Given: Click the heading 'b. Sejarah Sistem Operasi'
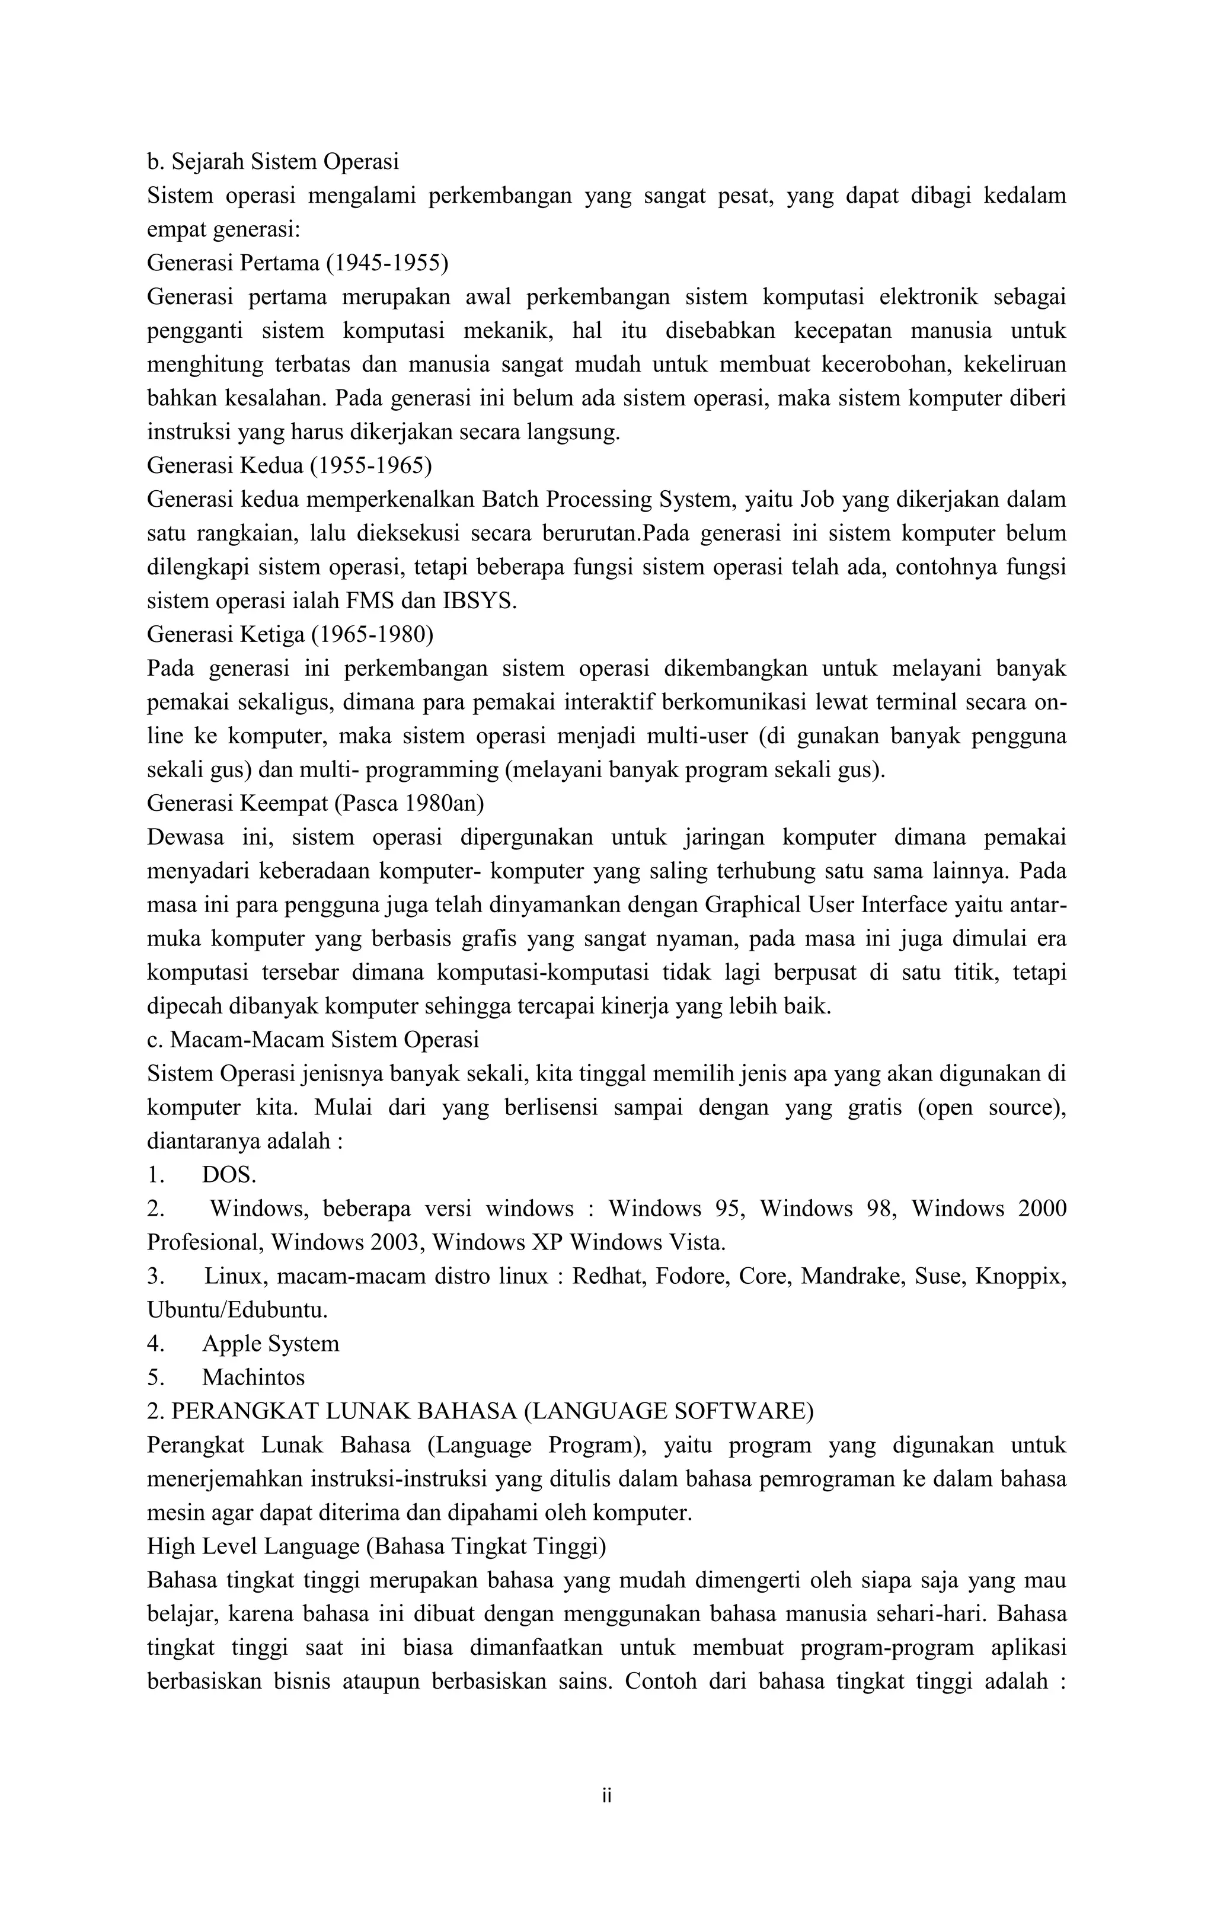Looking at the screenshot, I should (x=273, y=162).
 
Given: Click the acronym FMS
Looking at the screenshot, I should (x=369, y=600).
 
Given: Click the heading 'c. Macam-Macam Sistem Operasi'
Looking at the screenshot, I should (x=313, y=1039).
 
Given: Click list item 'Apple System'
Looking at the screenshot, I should (x=270, y=1343).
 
